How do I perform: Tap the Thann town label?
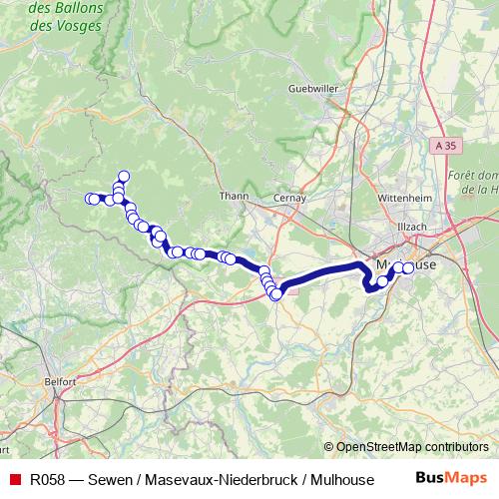pyautogui.click(x=234, y=197)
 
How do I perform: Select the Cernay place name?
pyautogui.click(x=289, y=197)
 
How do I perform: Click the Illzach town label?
pyautogui.click(x=411, y=227)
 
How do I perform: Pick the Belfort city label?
pyautogui.click(x=60, y=381)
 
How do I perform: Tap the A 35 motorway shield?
pyautogui.click(x=447, y=146)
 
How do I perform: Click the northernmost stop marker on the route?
pyautogui.click(x=124, y=177)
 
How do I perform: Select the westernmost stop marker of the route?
pyautogui.click(x=90, y=199)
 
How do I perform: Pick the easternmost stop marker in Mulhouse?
pyautogui.click(x=408, y=267)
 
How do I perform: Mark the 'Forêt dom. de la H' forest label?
pyautogui.click(x=474, y=181)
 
